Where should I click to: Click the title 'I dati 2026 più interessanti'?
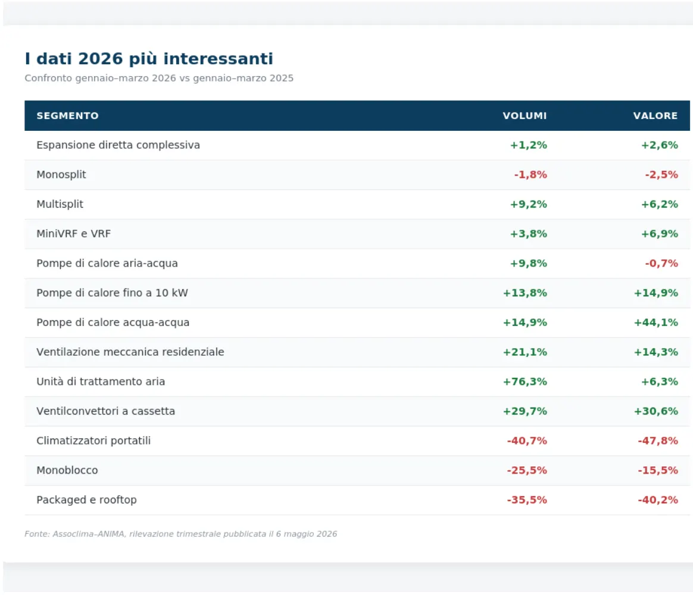(149, 59)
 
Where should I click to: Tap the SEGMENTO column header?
(68, 116)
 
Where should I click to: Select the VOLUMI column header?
(525, 116)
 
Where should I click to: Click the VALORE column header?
(655, 116)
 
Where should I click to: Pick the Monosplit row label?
(61, 174)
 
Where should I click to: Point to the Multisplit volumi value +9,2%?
(529, 204)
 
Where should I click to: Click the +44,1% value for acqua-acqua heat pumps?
(656, 322)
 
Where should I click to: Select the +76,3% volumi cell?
(525, 381)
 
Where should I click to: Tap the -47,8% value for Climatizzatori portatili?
(658, 441)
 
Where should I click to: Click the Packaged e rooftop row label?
(87, 500)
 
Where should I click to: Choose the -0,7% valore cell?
(661, 263)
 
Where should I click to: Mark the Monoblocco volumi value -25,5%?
(527, 471)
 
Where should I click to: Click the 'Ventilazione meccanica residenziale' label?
(130, 352)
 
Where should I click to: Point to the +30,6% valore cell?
(656, 411)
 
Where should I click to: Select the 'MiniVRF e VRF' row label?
(73, 234)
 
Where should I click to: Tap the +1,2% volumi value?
(529, 145)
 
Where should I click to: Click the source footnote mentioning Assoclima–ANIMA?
(181, 534)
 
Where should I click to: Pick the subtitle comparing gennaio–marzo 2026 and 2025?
(159, 78)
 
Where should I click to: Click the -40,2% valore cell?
(658, 500)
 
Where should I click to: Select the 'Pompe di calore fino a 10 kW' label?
(113, 293)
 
